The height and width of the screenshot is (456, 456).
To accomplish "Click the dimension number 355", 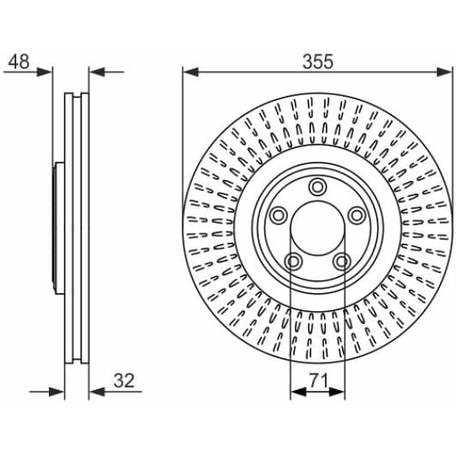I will pyautogui.click(x=317, y=62).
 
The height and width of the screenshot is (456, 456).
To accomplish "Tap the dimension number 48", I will pyautogui.click(x=19, y=62).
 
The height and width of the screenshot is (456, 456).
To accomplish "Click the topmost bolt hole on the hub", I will pyautogui.click(x=318, y=187).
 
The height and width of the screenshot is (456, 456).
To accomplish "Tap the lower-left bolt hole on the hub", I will pyautogui.click(x=292, y=261).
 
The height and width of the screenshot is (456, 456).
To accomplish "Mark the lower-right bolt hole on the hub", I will pyautogui.click(x=343, y=261).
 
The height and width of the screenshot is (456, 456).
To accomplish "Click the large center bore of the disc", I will pyautogui.click(x=318, y=228).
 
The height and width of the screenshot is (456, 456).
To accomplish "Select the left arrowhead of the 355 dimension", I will pyautogui.click(x=189, y=73).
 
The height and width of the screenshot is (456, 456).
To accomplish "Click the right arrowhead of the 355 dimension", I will pyautogui.click(x=446, y=73).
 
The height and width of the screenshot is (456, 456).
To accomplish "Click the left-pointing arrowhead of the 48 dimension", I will pyautogui.click(x=96, y=73).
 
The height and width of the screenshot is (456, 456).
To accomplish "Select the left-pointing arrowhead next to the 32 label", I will pyautogui.click(x=96, y=393).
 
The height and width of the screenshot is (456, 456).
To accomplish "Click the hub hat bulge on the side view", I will pyautogui.click(x=57, y=228).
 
